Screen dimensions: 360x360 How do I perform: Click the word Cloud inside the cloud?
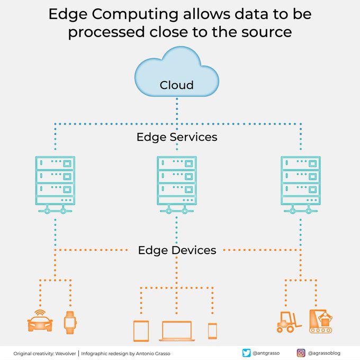click(x=177, y=85)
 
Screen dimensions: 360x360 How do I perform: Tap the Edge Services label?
click(x=177, y=137)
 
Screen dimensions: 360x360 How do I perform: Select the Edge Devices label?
click(x=177, y=250)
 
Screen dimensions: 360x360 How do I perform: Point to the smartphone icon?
click(x=212, y=330)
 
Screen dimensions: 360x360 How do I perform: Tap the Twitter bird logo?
click(x=246, y=353)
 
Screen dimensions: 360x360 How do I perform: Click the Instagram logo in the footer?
click(x=300, y=353)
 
